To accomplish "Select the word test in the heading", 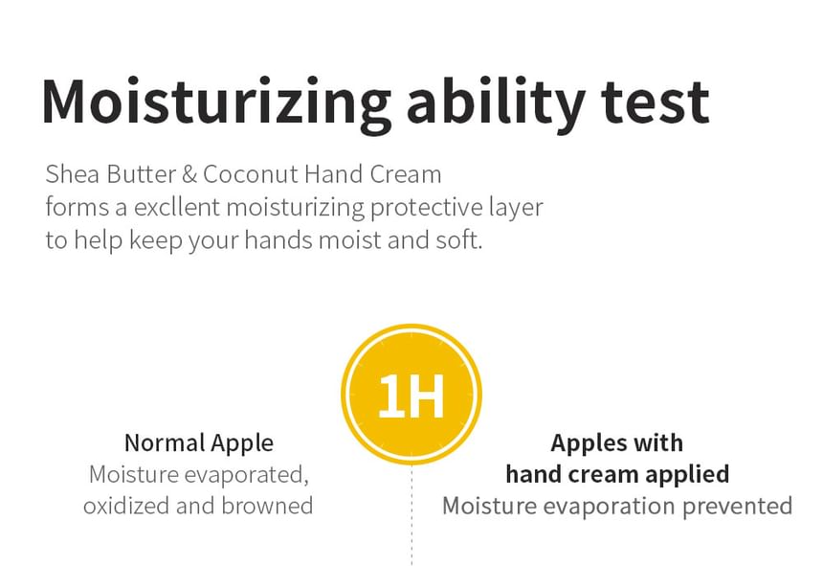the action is pyautogui.click(x=655, y=102).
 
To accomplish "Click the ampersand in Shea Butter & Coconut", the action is pyautogui.click(x=189, y=174).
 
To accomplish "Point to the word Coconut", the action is pyautogui.click(x=251, y=174).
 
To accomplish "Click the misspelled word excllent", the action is pyautogui.click(x=177, y=207).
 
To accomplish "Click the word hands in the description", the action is pyautogui.click(x=278, y=240).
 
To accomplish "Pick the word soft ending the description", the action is pyautogui.click(x=458, y=240).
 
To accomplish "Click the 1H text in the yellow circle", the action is pyautogui.click(x=411, y=396).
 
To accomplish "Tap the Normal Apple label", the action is pyautogui.click(x=199, y=443).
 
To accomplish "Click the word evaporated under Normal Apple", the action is pyautogui.click(x=247, y=475).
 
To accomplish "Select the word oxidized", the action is pyautogui.click(x=126, y=506).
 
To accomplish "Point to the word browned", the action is pyautogui.click(x=267, y=506).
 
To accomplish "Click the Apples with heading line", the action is pyautogui.click(x=616, y=443).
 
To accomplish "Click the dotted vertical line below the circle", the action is pyautogui.click(x=412, y=514).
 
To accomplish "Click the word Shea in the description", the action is pyautogui.click(x=73, y=174).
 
